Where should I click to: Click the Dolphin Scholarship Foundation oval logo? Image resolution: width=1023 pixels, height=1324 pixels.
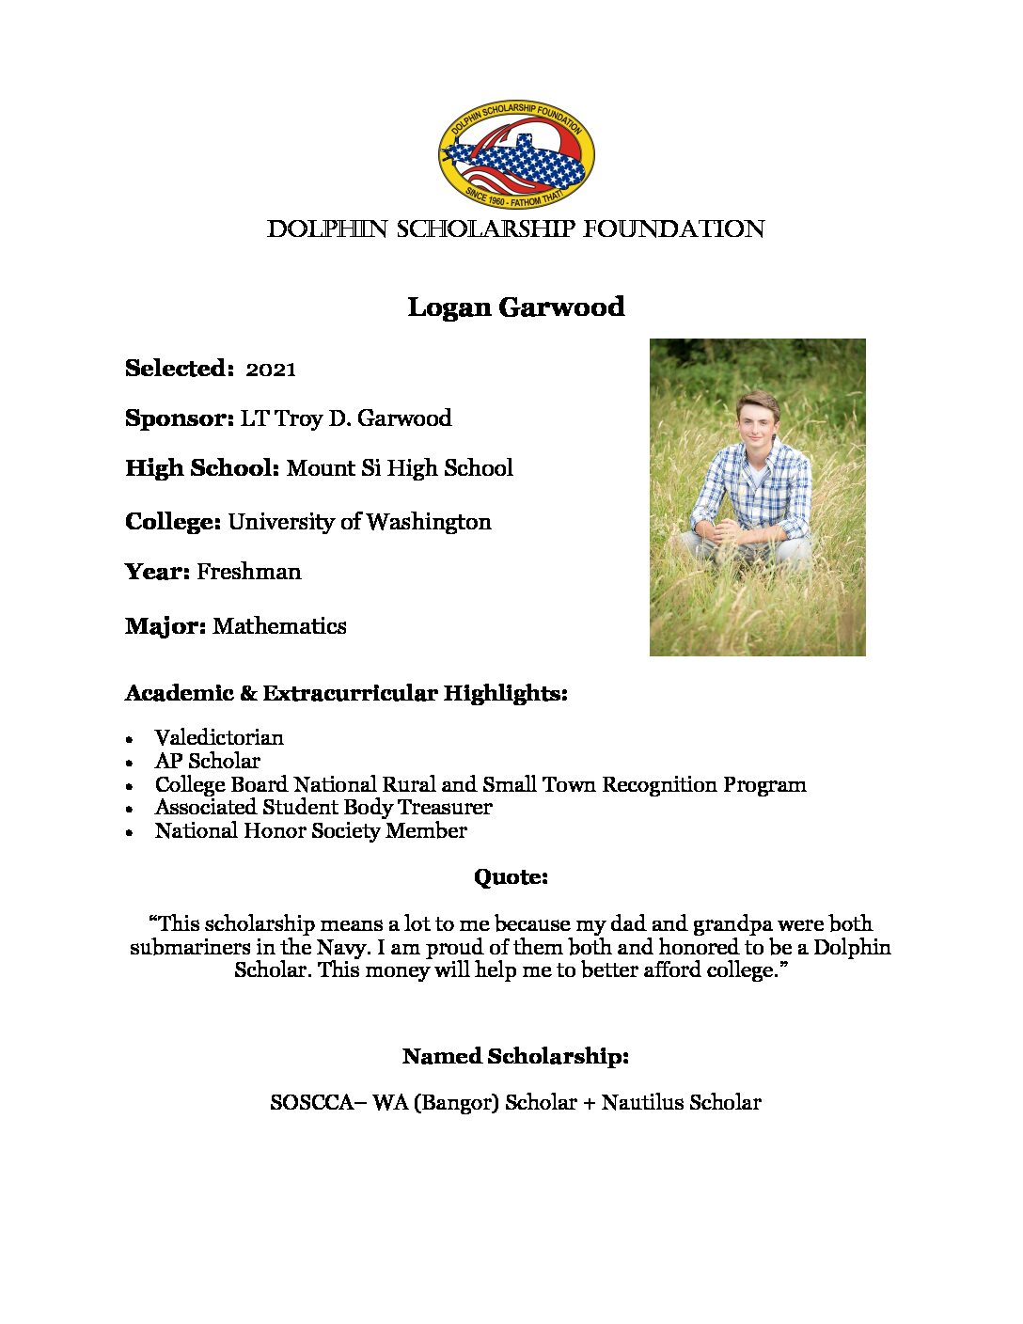pyautogui.click(x=515, y=158)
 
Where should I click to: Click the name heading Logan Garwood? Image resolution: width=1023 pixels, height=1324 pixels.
pyautogui.click(x=515, y=307)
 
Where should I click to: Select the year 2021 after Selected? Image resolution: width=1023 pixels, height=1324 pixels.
pyautogui.click(x=271, y=370)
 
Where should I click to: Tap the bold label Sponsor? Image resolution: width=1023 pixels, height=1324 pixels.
pyautogui.click(x=180, y=418)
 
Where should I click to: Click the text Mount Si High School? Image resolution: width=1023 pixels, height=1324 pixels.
pyautogui.click(x=400, y=468)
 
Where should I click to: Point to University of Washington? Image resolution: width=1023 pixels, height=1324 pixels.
pyautogui.click(x=359, y=522)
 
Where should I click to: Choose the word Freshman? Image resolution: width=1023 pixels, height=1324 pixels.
pyautogui.click(x=249, y=572)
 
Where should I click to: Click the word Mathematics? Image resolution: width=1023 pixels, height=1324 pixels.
pyautogui.click(x=279, y=626)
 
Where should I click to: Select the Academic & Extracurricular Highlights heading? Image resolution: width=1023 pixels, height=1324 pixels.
pyautogui.click(x=346, y=694)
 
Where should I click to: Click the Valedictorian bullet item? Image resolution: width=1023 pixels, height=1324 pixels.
pyautogui.click(x=219, y=737)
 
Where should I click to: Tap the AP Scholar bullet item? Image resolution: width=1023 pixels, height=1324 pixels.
pyautogui.click(x=207, y=761)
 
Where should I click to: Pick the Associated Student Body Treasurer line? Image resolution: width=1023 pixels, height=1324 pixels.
pyautogui.click(x=323, y=807)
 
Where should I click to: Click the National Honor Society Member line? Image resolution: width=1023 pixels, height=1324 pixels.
pyautogui.click(x=310, y=830)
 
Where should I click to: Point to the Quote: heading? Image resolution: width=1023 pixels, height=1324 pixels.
pyautogui.click(x=511, y=877)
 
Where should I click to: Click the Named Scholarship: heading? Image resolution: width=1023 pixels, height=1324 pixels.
pyautogui.click(x=515, y=1056)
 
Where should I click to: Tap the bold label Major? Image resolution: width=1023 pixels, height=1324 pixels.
pyautogui.click(x=165, y=626)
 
